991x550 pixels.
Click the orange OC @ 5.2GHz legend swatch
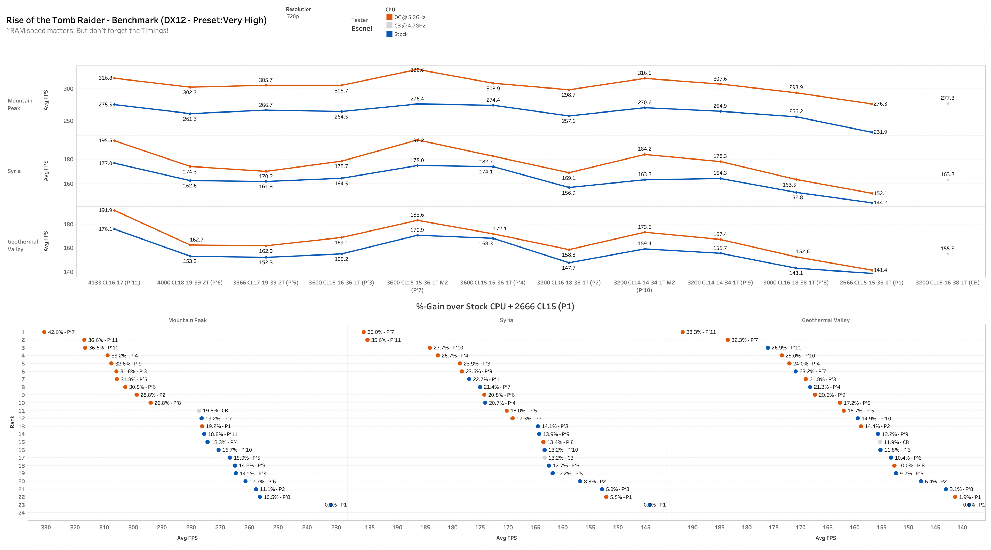coord(389,17)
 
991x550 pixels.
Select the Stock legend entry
coord(401,34)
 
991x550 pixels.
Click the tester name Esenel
coord(362,28)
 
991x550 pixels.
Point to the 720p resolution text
coord(293,16)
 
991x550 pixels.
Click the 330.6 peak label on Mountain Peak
coord(417,70)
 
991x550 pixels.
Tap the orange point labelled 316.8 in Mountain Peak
coord(114,78)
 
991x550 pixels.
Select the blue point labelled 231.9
coord(872,132)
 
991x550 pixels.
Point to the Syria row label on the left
coord(14,171)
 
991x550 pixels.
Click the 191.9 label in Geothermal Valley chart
coord(105,210)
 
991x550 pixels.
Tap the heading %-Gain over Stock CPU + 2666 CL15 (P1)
coord(495,307)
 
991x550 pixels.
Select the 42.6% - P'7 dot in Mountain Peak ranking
coord(44,332)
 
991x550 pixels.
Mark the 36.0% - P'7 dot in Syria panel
coord(364,332)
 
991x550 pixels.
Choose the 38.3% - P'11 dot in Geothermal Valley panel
coord(682,332)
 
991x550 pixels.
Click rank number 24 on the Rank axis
coord(21,512)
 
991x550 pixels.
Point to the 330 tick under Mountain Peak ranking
coord(46,527)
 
